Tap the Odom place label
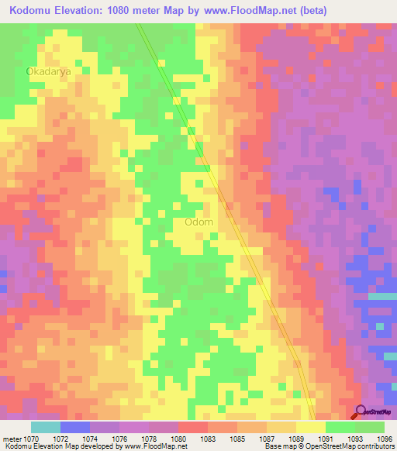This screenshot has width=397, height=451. (x=199, y=222)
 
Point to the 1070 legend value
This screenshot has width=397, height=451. (x=32, y=439)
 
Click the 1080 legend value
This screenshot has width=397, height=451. (x=178, y=439)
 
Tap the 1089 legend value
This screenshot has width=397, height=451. (x=296, y=439)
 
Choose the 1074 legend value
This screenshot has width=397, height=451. (x=90, y=439)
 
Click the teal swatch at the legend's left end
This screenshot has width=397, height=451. (x=46, y=427)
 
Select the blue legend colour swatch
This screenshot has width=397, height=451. (x=75, y=427)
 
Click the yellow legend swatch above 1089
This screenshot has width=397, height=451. (x=310, y=427)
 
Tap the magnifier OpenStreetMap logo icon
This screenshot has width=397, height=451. (x=361, y=412)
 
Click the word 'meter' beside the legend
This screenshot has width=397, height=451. (x=12, y=439)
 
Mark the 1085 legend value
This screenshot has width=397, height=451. (x=237, y=439)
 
